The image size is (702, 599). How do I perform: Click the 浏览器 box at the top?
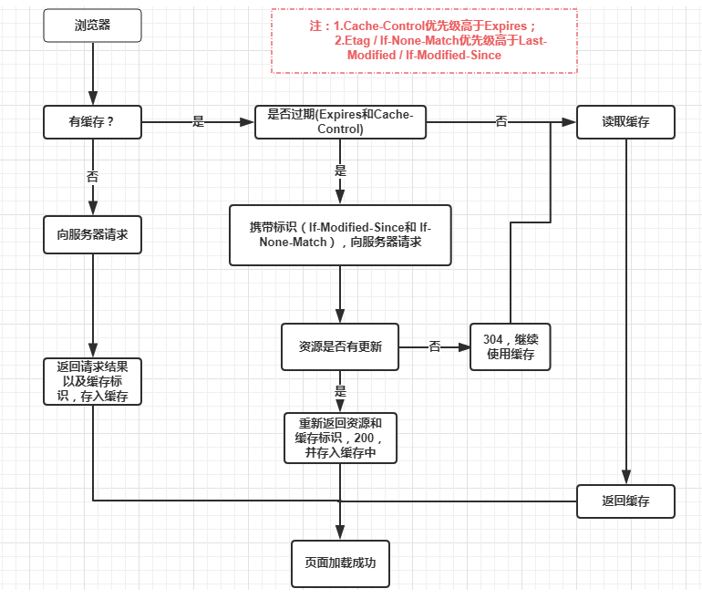(93, 25)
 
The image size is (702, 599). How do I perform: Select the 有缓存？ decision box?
(93, 121)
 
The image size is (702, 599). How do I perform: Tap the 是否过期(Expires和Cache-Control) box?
(340, 121)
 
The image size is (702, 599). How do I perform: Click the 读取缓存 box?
(625, 121)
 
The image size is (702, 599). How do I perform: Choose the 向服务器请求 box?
(93, 234)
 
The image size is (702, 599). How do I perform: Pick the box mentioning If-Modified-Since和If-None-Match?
(340, 235)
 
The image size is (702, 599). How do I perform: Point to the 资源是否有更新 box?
(340, 346)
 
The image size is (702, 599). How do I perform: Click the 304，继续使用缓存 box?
(510, 346)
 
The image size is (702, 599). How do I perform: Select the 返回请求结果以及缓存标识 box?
(93, 381)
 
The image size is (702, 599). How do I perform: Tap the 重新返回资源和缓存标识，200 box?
(340, 438)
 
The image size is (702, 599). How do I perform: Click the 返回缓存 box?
(625, 501)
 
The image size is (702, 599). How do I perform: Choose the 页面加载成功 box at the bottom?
(340, 563)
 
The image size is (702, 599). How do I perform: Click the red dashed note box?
(424, 41)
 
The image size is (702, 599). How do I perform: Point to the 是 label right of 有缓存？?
(199, 121)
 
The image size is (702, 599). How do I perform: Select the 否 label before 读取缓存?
(501, 121)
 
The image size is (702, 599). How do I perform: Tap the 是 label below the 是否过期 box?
(340, 170)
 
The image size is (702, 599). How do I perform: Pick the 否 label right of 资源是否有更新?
(435, 346)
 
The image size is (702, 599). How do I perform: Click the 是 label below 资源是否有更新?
(340, 391)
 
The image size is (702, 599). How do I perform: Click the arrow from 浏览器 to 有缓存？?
(93, 73)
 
